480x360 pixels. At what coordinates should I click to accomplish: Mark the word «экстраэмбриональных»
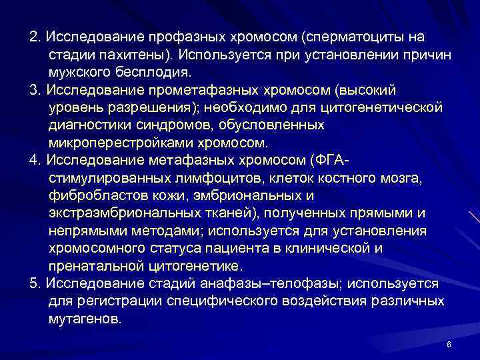[x=119, y=213]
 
